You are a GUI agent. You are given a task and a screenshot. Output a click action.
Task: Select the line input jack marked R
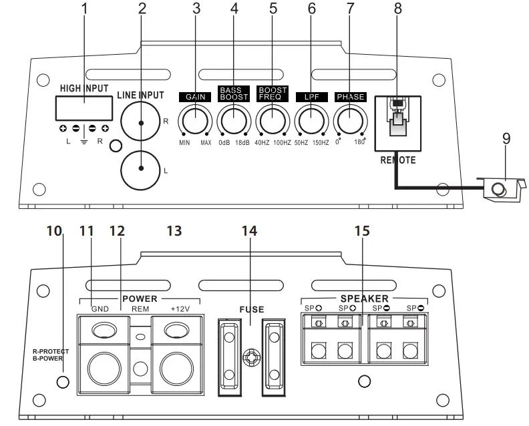(142, 123)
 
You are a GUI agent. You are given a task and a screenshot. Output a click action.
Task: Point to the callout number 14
(248, 230)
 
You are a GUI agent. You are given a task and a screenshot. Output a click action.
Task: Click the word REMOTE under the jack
(398, 160)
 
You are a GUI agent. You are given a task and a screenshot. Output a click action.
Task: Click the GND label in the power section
(100, 308)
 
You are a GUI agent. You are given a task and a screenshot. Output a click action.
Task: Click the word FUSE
(251, 310)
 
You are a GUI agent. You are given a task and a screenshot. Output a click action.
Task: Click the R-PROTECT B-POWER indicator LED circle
(62, 382)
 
